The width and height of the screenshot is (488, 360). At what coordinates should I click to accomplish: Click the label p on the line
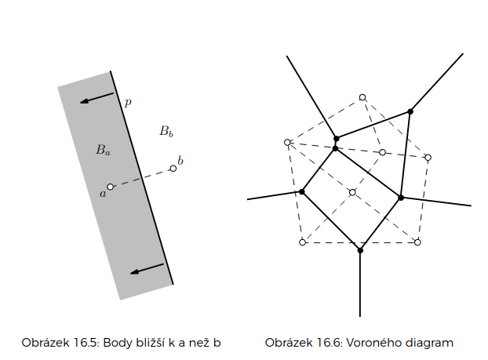tap(128, 102)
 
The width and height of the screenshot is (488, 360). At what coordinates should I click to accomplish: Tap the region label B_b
tap(166, 131)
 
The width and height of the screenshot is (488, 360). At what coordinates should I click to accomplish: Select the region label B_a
tap(103, 149)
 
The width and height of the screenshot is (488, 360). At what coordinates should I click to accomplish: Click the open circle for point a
tap(111, 187)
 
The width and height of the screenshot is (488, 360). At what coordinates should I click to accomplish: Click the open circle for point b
tap(173, 169)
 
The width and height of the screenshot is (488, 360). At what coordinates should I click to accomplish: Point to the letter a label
tap(102, 192)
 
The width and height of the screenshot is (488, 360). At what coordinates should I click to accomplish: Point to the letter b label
tap(180, 161)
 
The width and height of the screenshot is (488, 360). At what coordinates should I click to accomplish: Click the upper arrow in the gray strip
tap(97, 98)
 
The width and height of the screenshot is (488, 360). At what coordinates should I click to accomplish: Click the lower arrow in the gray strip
tap(147, 269)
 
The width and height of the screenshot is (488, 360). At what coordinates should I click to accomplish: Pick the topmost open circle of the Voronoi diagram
tap(362, 97)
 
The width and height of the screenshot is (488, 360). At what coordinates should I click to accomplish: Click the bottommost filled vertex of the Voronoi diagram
tap(360, 250)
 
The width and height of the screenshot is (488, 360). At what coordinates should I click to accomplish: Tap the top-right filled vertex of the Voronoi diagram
tap(410, 111)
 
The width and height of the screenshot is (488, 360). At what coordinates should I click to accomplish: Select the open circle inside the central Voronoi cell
tap(352, 192)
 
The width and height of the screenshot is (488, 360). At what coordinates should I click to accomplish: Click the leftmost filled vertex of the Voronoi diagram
tap(302, 191)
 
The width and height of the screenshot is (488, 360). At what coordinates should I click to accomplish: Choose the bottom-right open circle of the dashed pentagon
tap(417, 242)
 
